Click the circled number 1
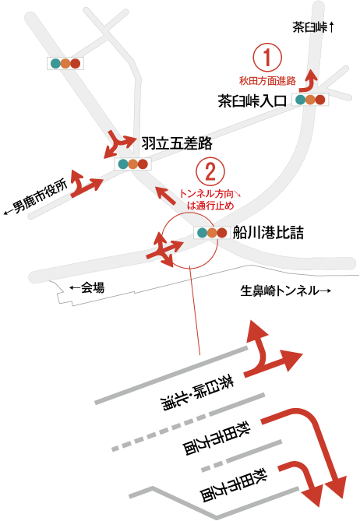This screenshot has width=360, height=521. coord(267,58)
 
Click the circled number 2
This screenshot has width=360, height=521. coord(210,172)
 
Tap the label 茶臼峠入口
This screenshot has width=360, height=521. coord(252,100)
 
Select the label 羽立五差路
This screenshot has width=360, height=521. coord(177,143)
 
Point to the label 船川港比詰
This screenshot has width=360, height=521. coord(268,232)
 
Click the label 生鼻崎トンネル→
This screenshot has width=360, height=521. coord(285,290)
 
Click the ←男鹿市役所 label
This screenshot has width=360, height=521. coord(36,197)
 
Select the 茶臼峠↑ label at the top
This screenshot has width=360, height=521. coord(312,27)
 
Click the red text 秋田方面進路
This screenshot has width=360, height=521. coord(267,80)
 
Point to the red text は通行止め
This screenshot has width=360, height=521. coord(210,206)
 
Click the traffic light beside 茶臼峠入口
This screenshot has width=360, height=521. coord(310,100)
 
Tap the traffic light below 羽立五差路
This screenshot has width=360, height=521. coord(132,164)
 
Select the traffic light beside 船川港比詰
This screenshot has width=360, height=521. coord(212,233)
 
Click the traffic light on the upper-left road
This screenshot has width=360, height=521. coord(65,63)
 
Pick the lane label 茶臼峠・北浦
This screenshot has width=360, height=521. coord(197,393)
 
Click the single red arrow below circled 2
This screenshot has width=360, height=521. coord(166,196)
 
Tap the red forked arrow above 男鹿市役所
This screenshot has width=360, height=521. coord(86,184)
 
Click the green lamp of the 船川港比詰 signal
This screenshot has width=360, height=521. coord(202,233)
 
